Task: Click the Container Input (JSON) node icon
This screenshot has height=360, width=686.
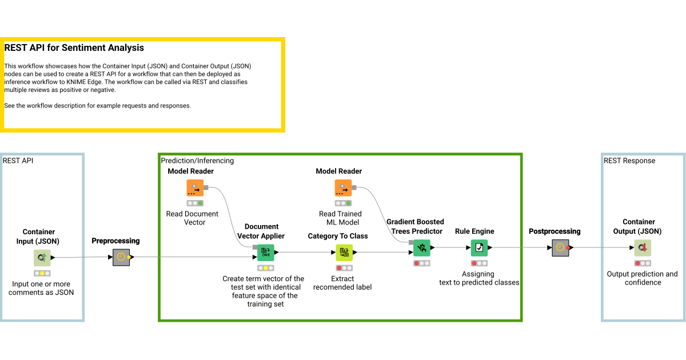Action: pos(42,258)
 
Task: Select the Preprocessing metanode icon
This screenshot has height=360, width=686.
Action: pos(121,257)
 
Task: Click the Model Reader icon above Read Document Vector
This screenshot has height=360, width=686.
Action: pos(195,187)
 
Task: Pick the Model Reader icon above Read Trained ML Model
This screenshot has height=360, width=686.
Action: pos(343,187)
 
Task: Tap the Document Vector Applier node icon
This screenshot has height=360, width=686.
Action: pos(265,252)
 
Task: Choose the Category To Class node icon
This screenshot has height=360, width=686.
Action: pos(344,252)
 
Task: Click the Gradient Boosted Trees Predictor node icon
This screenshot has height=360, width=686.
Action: pos(422,247)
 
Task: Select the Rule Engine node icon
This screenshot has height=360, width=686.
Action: pos(479,247)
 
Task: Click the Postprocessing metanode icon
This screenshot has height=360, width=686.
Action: pos(560,247)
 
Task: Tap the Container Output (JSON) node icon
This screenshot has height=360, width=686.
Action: pos(643,247)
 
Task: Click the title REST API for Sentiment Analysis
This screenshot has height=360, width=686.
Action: pos(74,48)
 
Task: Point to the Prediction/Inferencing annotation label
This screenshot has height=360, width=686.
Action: pos(197,161)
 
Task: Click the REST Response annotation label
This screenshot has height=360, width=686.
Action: pos(629,161)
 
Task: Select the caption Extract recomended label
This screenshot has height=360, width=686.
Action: pos(342,283)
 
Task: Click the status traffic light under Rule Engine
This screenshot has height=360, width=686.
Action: pos(479,263)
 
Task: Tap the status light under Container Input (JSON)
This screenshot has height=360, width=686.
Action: pos(42,273)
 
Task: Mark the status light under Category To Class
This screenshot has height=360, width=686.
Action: pos(344,268)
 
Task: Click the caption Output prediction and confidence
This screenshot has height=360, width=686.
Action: pos(643,278)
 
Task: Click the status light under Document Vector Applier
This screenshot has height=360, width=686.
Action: pos(265,268)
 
